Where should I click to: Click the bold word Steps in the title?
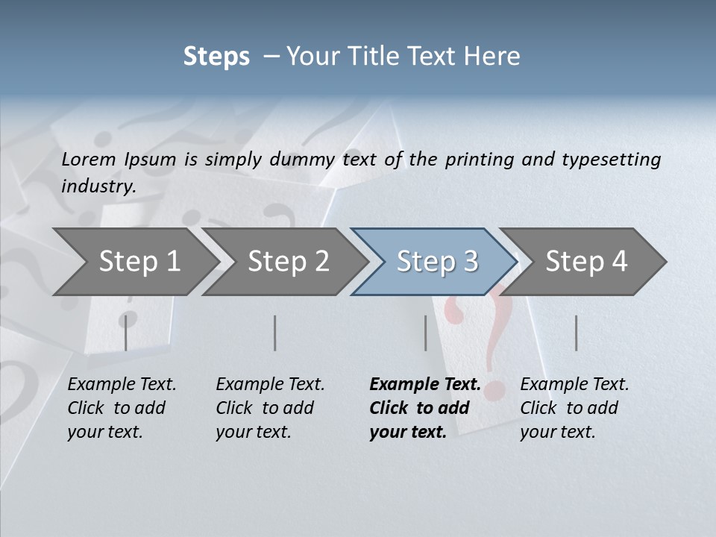(216, 57)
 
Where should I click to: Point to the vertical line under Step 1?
(126, 333)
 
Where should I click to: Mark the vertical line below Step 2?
(275, 333)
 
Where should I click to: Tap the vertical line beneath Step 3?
(426, 333)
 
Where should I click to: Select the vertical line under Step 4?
(577, 333)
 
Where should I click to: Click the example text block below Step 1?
(122, 408)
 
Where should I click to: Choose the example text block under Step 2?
(270, 408)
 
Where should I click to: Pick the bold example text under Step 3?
(425, 408)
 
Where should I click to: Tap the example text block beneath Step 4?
(574, 408)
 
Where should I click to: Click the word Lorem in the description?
(88, 159)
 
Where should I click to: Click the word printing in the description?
(479, 159)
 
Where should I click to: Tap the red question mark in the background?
(496, 328)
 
